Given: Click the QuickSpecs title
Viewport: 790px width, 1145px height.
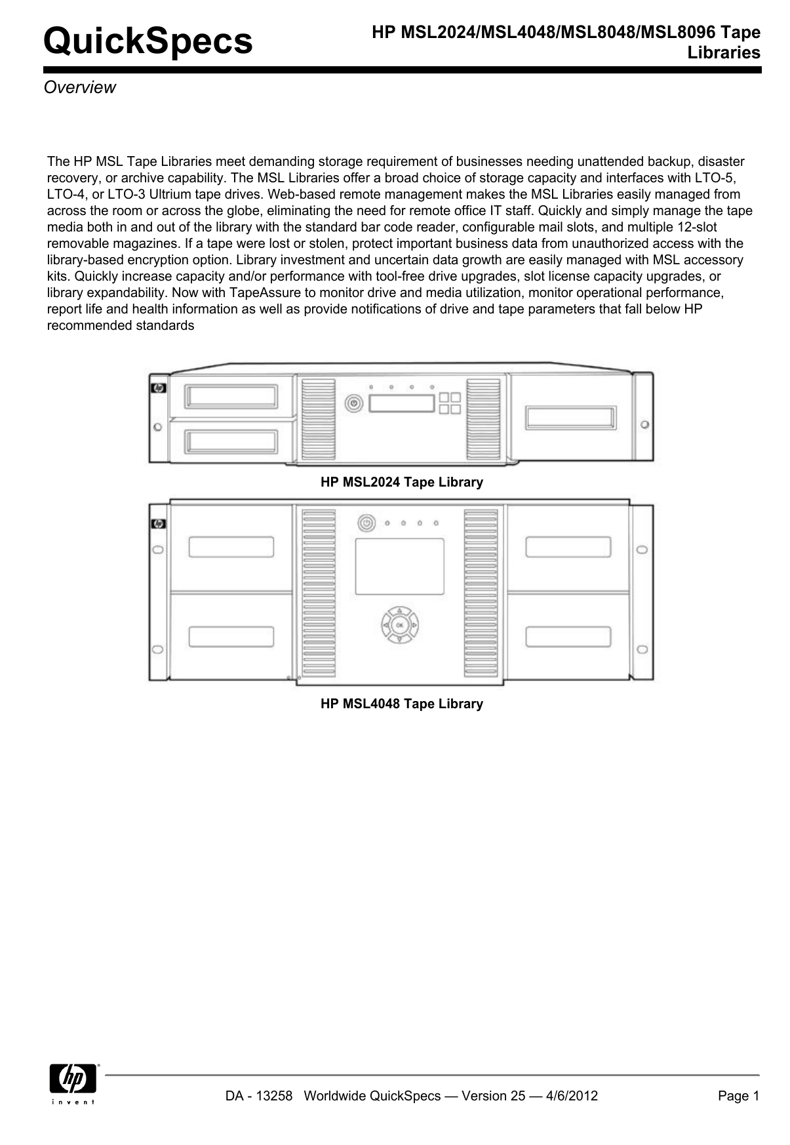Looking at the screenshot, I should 148,41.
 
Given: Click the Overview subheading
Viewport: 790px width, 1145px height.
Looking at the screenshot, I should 79,88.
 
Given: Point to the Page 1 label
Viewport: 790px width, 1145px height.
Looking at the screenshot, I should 738,1096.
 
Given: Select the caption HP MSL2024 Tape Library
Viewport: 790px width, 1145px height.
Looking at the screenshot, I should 401,482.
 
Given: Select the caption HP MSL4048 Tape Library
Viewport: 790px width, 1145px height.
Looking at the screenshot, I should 401,704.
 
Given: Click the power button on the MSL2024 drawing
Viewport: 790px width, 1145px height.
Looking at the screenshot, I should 354,403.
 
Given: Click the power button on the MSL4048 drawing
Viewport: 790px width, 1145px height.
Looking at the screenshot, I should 366,523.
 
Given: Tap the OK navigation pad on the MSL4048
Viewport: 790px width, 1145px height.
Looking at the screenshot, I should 399,625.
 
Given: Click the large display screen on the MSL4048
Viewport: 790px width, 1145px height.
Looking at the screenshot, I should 399,566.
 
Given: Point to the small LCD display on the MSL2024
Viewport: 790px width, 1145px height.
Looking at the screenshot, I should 402,403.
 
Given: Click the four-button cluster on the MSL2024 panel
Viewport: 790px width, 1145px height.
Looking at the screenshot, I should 450,403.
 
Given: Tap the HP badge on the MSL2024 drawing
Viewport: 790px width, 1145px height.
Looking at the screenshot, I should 158,388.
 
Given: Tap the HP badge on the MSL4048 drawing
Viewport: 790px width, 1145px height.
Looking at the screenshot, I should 158,524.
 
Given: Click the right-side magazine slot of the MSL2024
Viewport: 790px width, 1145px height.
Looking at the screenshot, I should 571,418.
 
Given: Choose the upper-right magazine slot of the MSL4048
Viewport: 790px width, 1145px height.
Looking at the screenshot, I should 568,547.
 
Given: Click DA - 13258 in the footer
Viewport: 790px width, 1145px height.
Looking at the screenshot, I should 258,1096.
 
